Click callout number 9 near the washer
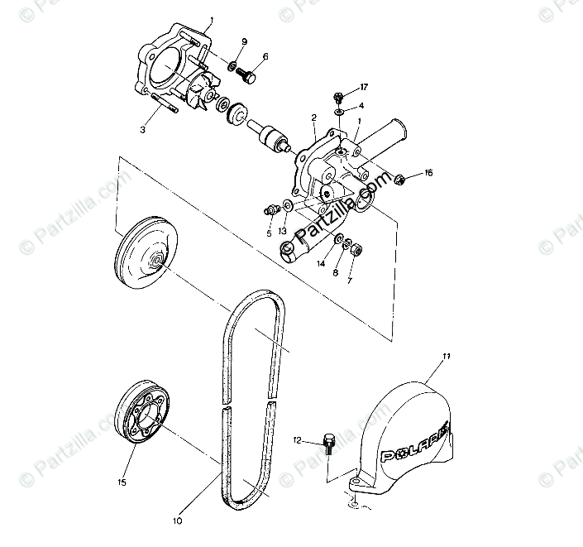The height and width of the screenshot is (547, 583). click(244, 41)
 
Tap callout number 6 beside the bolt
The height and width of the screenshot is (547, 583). click(265, 57)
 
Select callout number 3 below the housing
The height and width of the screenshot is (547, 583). click(142, 130)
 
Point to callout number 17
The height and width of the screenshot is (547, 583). click(363, 88)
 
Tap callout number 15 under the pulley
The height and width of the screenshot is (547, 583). click(122, 482)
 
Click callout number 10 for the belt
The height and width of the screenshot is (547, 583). click(177, 521)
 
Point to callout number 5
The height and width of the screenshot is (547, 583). click(269, 233)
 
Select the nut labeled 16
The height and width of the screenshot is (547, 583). click(399, 178)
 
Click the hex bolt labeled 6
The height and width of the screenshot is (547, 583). click(246, 75)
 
